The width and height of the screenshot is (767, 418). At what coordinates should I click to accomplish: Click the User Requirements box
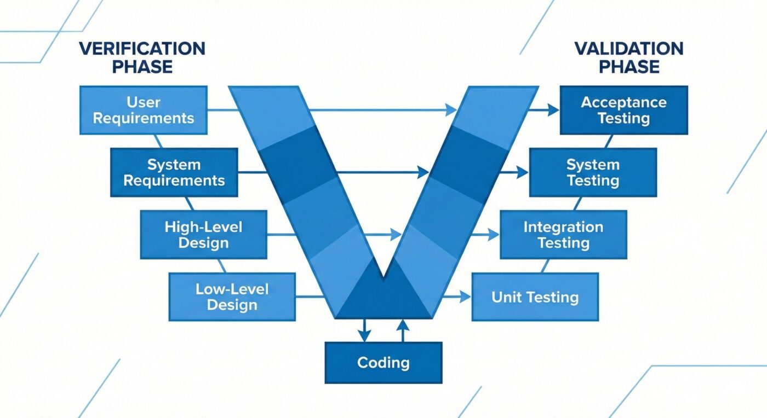click(144, 110)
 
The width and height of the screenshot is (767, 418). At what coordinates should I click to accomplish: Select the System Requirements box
click(174, 172)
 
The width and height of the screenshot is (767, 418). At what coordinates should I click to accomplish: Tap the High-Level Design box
click(204, 235)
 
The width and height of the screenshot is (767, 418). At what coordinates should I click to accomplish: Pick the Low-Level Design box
click(232, 297)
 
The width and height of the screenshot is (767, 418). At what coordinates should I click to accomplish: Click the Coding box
click(383, 363)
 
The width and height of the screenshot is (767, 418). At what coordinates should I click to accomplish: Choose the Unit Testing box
click(535, 297)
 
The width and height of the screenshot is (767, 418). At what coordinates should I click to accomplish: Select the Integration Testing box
click(563, 235)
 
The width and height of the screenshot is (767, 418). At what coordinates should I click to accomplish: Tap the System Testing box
click(593, 172)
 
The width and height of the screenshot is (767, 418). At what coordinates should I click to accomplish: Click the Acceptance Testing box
click(623, 110)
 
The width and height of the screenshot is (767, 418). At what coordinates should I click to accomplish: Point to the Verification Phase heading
click(142, 57)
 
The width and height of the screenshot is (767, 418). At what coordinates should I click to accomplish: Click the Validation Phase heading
click(629, 57)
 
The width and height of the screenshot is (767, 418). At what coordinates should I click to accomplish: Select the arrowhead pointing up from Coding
click(403, 325)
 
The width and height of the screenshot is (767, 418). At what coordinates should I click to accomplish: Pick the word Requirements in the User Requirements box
click(144, 118)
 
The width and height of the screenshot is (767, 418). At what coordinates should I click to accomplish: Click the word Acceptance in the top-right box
click(623, 102)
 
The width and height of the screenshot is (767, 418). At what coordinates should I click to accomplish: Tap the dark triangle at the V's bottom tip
click(383, 298)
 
